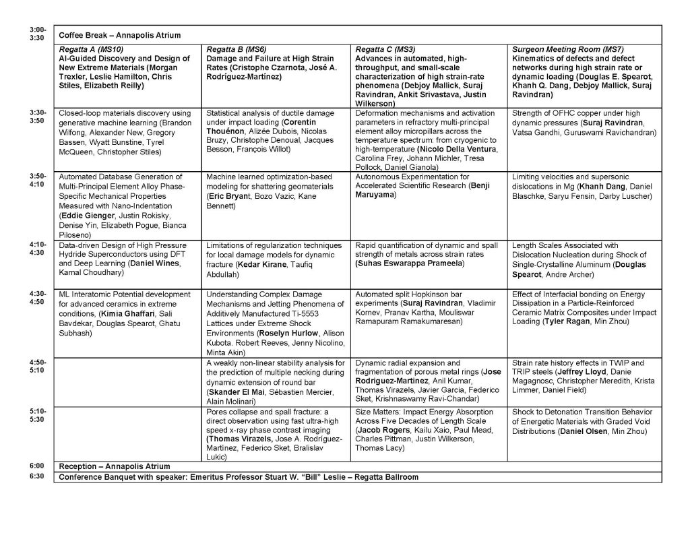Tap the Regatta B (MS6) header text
click(237, 49)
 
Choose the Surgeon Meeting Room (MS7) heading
click(563, 49)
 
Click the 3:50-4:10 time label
click(38, 180)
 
